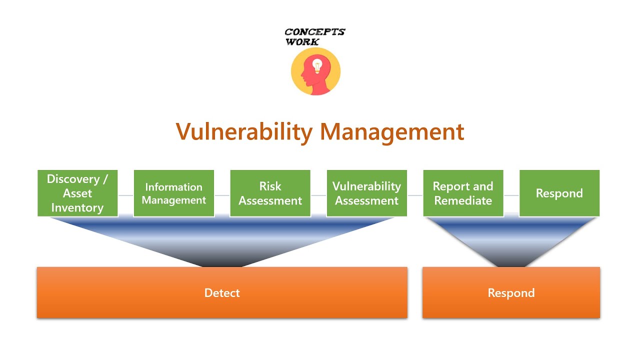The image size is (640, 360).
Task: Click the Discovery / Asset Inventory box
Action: point(77,193)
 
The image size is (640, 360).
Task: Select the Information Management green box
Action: point(173,193)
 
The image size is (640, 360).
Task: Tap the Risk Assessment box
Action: point(270,193)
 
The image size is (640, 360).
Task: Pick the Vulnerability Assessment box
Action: point(366,193)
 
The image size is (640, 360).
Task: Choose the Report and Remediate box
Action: point(463,193)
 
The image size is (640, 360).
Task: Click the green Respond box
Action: point(559,193)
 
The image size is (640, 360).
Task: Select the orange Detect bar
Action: point(222,292)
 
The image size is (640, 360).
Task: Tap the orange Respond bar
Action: point(511,292)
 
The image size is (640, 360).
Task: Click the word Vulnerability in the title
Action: point(244,132)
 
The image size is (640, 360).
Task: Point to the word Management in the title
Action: point(392,132)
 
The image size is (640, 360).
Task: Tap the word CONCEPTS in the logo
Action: point(315,32)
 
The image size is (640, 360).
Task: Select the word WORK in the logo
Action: point(302,42)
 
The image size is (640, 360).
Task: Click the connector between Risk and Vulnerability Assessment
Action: point(318,195)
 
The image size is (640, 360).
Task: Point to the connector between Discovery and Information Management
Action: point(125,195)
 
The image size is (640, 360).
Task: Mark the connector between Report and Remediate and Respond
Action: point(511,195)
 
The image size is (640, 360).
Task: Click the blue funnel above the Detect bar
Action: point(222,240)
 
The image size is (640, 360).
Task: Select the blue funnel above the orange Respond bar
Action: point(511,240)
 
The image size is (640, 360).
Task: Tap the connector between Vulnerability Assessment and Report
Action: point(415,195)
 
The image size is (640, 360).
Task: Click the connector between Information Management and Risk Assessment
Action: point(222,195)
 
